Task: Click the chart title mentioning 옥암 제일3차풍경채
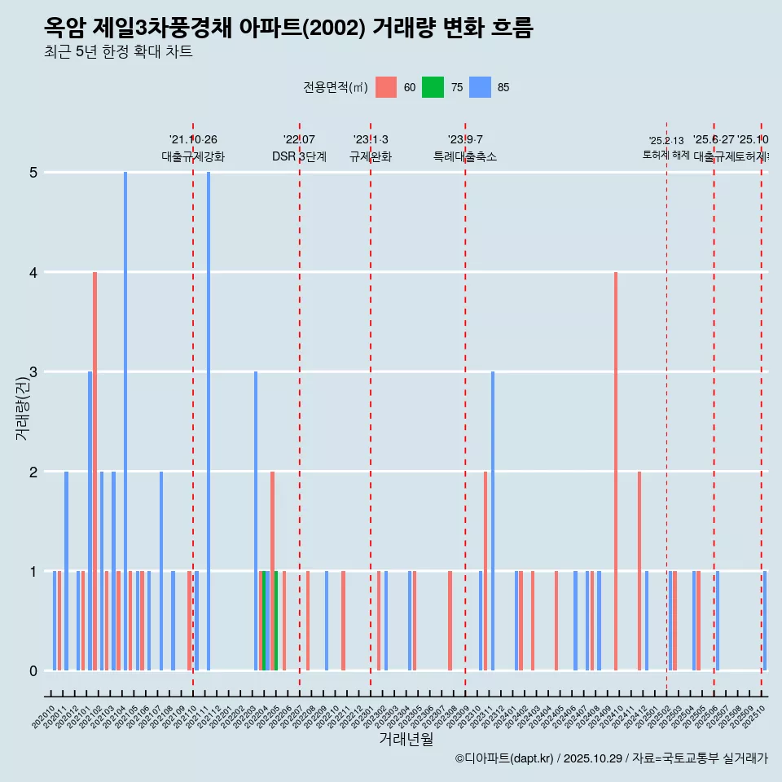pyautogui.click(x=288, y=29)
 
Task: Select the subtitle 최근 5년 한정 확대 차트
pyautogui.click(x=118, y=53)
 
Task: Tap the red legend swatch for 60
pyautogui.click(x=386, y=87)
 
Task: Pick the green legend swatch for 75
pyautogui.click(x=433, y=87)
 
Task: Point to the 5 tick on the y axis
pyautogui.click(x=33, y=173)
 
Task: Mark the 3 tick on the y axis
pyautogui.click(x=33, y=372)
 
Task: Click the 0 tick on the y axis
pyautogui.click(x=33, y=671)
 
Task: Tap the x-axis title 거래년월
pyautogui.click(x=406, y=739)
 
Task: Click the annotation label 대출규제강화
pyautogui.click(x=193, y=156)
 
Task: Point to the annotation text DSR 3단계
pyautogui.click(x=299, y=156)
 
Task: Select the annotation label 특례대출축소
pyautogui.click(x=464, y=156)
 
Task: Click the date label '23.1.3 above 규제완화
pyautogui.click(x=371, y=140)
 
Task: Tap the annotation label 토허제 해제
pyautogui.click(x=666, y=155)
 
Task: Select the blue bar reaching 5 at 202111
pyautogui.click(x=209, y=421)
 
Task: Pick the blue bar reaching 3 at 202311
pyautogui.click(x=493, y=521)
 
